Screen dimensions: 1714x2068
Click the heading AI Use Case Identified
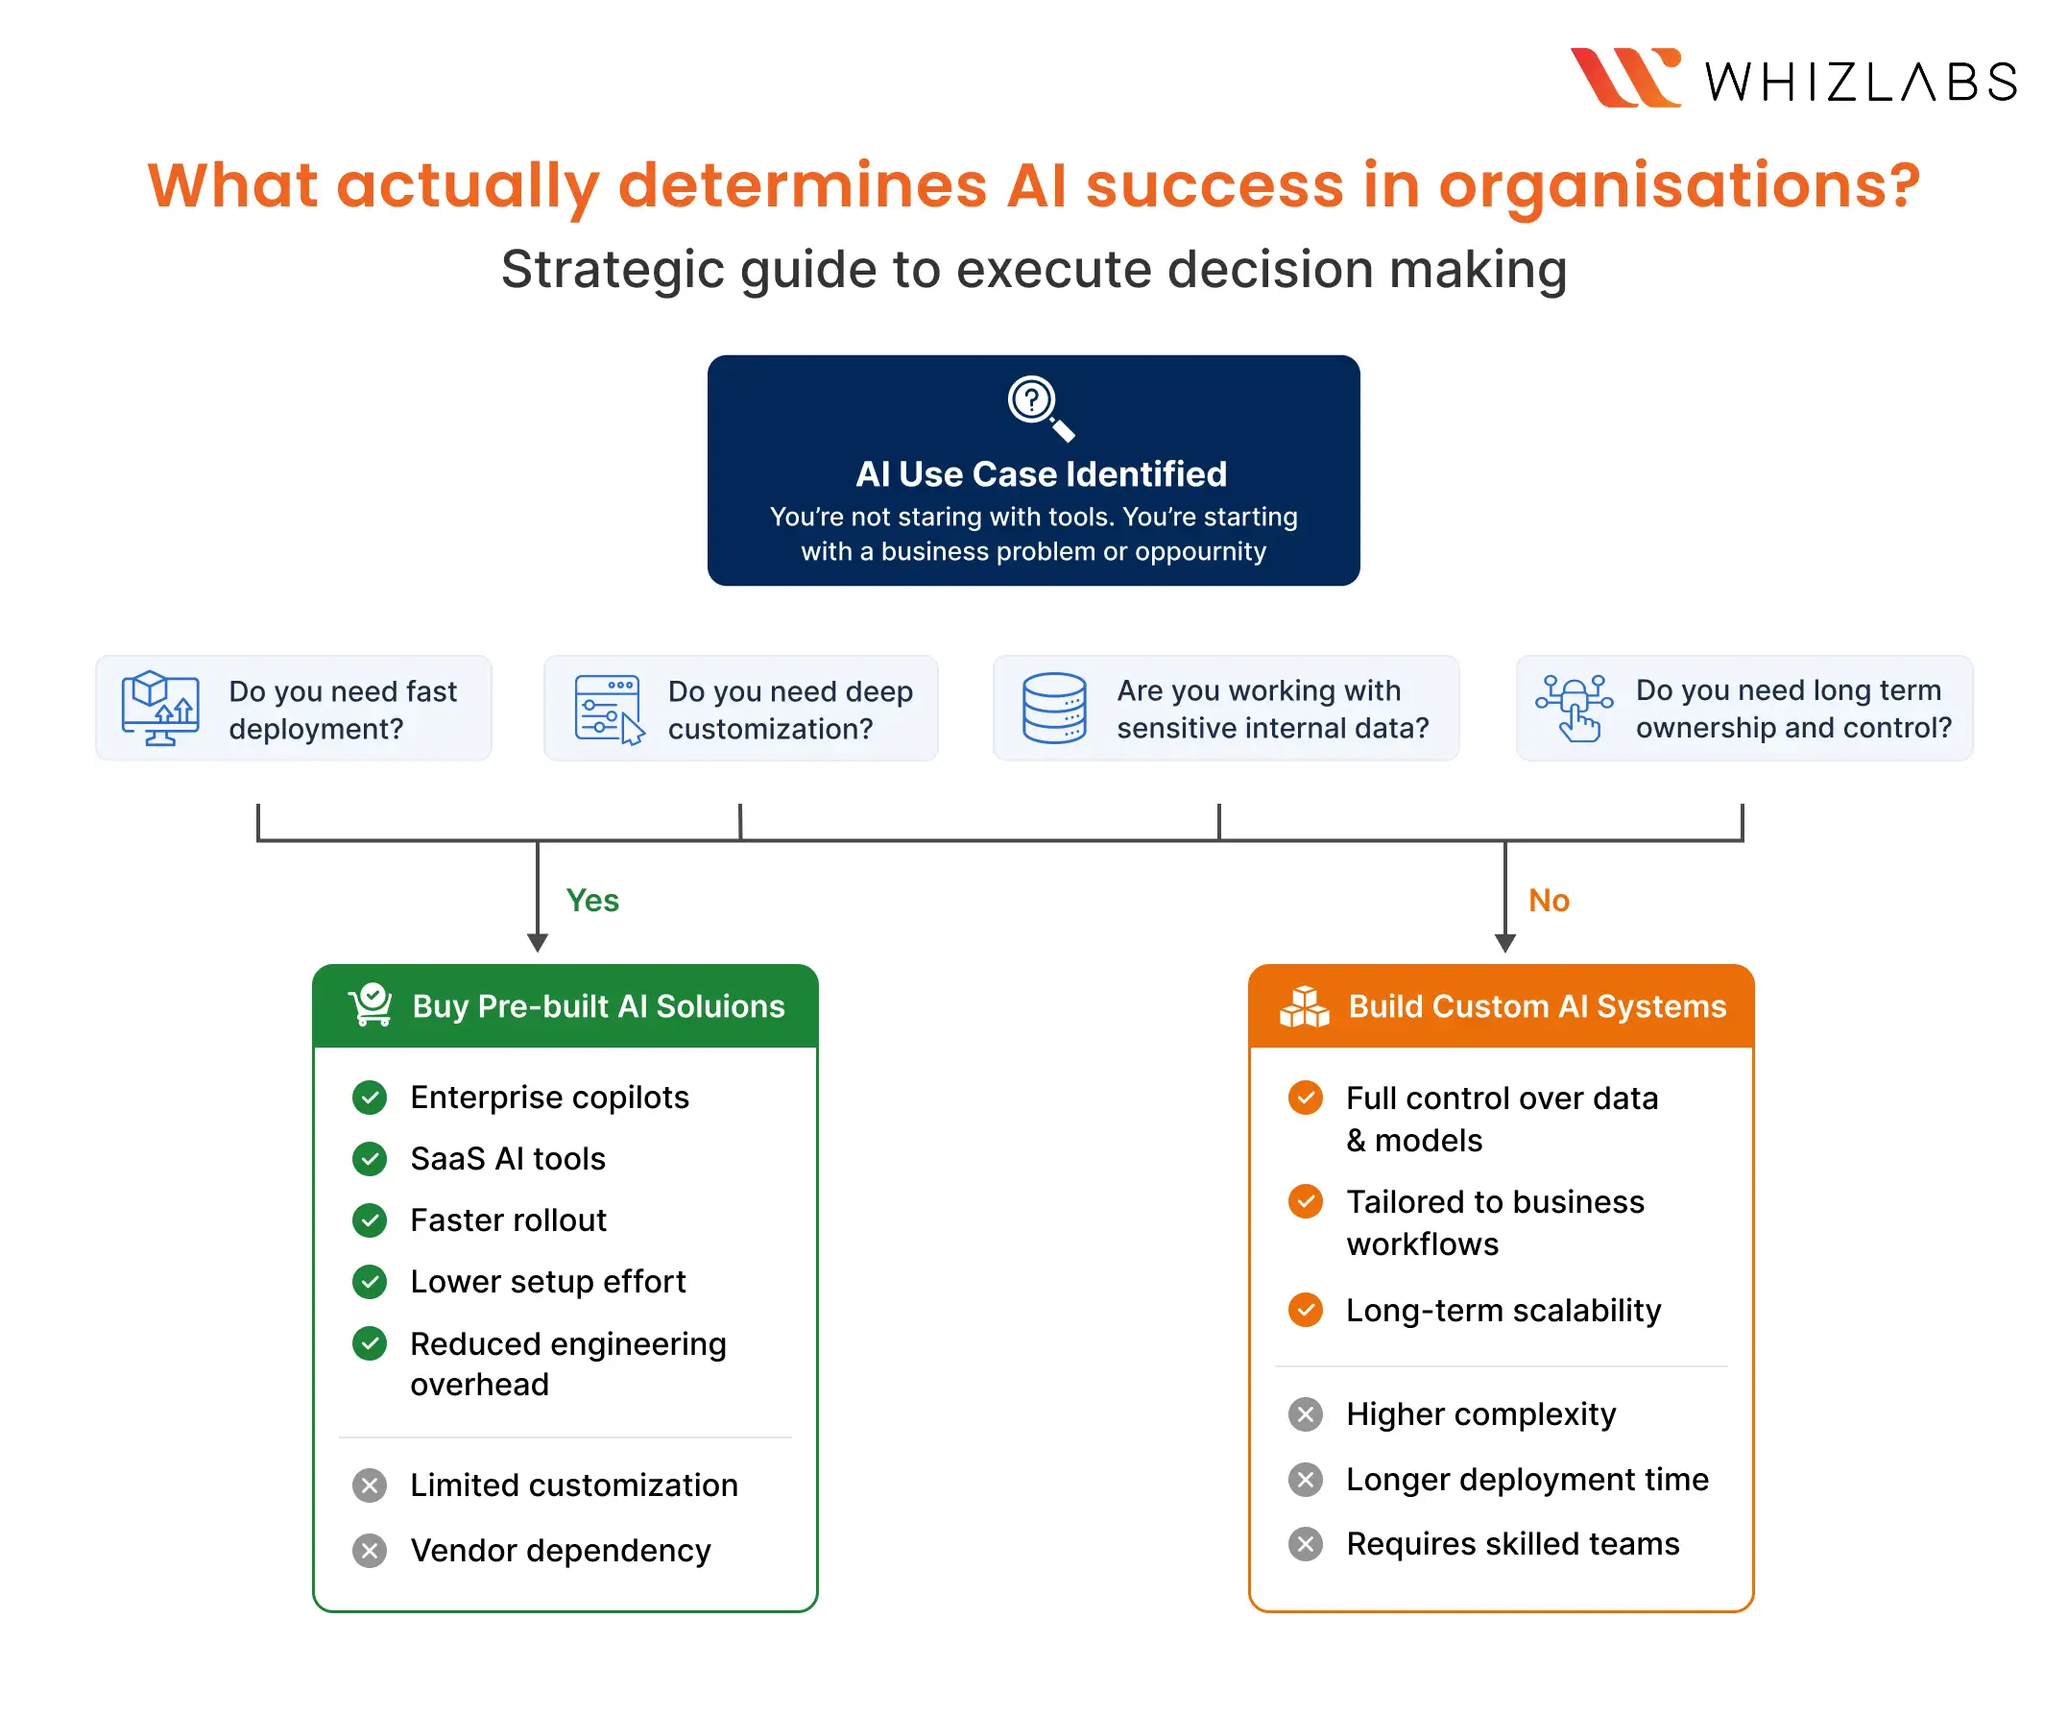click(1041, 473)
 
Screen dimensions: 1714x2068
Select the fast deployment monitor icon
click(159, 709)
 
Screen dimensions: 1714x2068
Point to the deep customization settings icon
click(609, 709)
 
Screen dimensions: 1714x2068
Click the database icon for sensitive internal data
click(1054, 708)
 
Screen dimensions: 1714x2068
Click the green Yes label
click(591, 901)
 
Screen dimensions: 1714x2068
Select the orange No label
click(1548, 901)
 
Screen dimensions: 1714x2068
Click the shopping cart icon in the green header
click(371, 1004)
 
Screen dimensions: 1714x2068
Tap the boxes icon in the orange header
click(1304, 1005)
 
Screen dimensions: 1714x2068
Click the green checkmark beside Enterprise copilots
click(370, 1098)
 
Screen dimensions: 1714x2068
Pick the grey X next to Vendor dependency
click(370, 1551)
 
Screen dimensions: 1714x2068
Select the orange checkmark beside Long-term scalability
click(1305, 1310)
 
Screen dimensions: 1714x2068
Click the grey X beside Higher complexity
click(1305, 1414)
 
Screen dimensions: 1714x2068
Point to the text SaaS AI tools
click(507, 1158)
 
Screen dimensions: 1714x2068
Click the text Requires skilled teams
click(1512, 1544)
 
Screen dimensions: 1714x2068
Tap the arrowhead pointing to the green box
click(537, 943)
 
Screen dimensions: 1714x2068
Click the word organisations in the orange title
click(1678, 185)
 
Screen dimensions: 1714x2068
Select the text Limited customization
click(574, 1485)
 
